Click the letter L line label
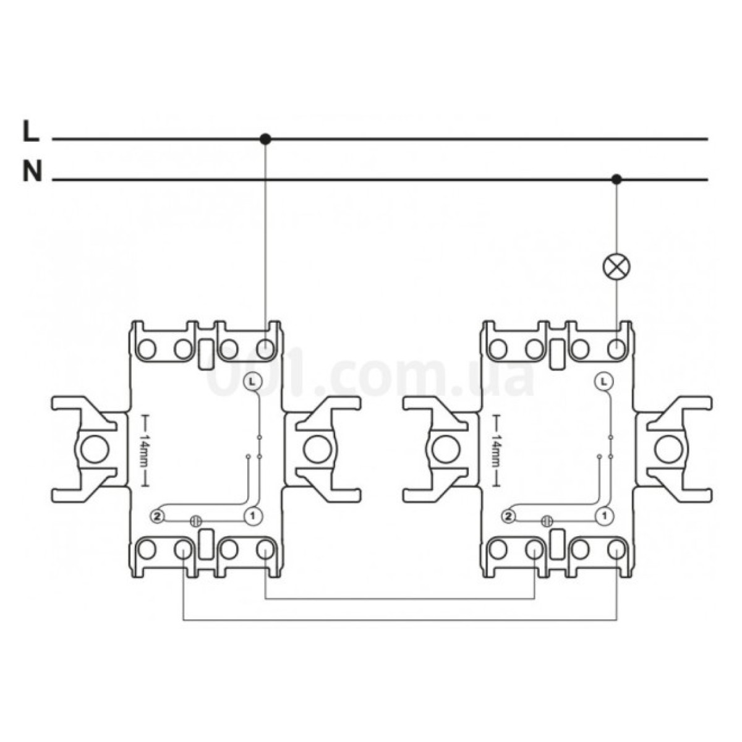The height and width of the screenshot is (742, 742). (x=31, y=131)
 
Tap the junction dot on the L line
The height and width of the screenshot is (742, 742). (x=265, y=139)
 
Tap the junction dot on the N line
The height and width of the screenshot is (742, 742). (x=616, y=179)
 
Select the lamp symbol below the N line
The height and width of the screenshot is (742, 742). (x=616, y=266)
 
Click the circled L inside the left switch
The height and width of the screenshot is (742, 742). (x=253, y=382)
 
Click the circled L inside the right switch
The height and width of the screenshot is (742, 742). (x=604, y=382)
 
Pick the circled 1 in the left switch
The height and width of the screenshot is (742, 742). (x=253, y=516)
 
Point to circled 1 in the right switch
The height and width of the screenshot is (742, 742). (x=605, y=516)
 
